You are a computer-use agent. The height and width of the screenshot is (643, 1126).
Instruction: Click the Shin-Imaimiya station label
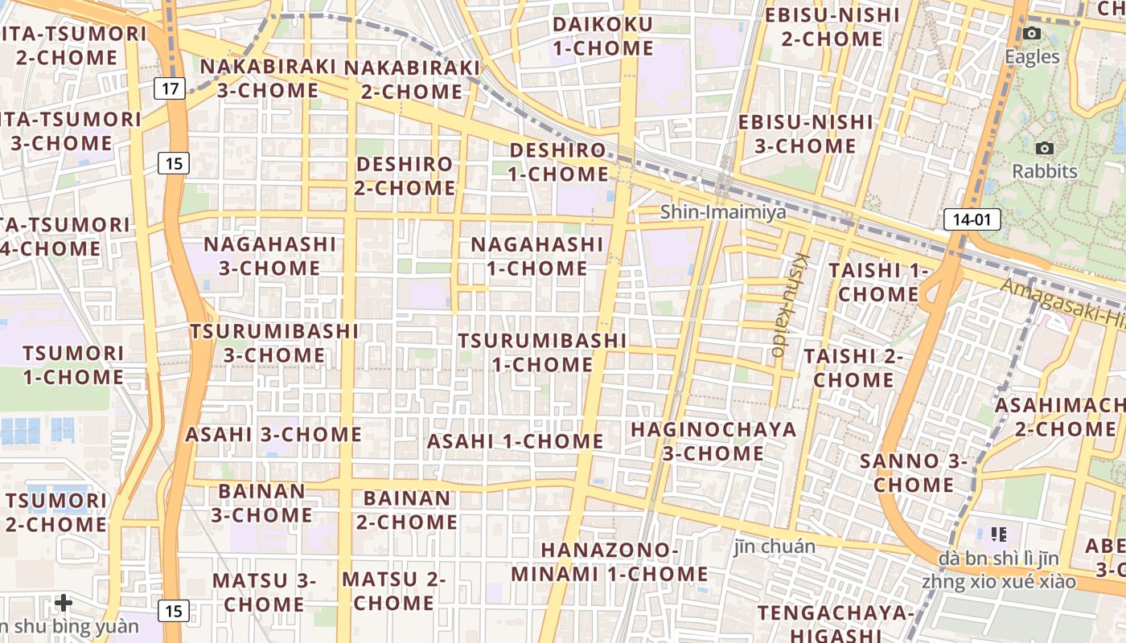(723, 212)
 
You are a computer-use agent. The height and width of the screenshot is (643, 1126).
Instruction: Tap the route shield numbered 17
(170, 88)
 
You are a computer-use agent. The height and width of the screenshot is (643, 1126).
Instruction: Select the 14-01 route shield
(972, 219)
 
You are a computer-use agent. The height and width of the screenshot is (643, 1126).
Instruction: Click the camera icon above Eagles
(1032, 34)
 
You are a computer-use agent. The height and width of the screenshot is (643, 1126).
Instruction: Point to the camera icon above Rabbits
(1045, 148)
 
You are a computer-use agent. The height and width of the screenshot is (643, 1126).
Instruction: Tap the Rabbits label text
(1044, 171)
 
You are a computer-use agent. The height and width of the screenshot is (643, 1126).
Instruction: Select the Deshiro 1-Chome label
(558, 162)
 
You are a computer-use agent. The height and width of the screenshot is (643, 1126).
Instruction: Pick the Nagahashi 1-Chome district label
(536, 256)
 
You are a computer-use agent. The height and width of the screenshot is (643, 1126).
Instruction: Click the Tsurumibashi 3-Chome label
(274, 342)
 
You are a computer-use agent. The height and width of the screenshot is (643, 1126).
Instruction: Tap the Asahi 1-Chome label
(515, 440)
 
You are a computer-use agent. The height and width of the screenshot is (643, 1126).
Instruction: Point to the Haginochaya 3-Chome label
(713, 440)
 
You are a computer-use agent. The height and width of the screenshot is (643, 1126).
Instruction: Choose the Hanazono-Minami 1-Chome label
(609, 562)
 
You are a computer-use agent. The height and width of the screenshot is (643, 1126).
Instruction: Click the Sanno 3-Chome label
(913, 473)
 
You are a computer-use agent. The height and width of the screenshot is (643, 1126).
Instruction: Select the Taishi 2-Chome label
(853, 367)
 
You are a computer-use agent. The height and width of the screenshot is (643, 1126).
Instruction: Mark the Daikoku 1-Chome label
(602, 36)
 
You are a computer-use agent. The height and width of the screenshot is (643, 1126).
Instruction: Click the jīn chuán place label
(775, 547)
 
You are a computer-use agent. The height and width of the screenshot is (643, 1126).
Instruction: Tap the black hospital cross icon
(64, 602)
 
